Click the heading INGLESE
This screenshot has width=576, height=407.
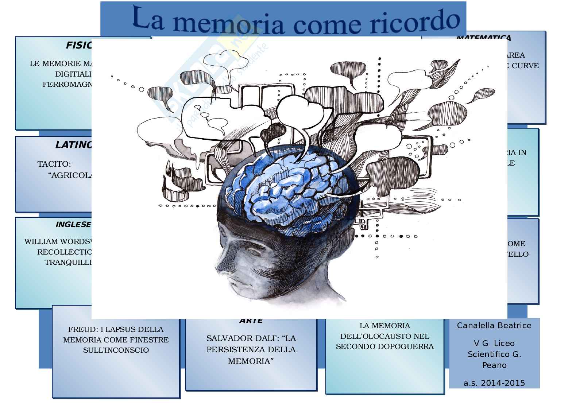tap(73, 225)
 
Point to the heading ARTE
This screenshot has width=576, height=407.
tap(251, 321)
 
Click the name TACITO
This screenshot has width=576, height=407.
tap(54, 164)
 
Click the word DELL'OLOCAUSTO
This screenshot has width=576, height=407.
tap(384, 336)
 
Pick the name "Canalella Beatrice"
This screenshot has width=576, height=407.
tap(494, 326)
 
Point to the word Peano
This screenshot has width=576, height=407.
tap(494, 365)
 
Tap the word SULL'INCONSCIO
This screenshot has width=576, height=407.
tap(116, 350)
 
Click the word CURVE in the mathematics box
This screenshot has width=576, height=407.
tap(525, 66)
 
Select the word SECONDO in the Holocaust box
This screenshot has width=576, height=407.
tap(356, 347)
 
